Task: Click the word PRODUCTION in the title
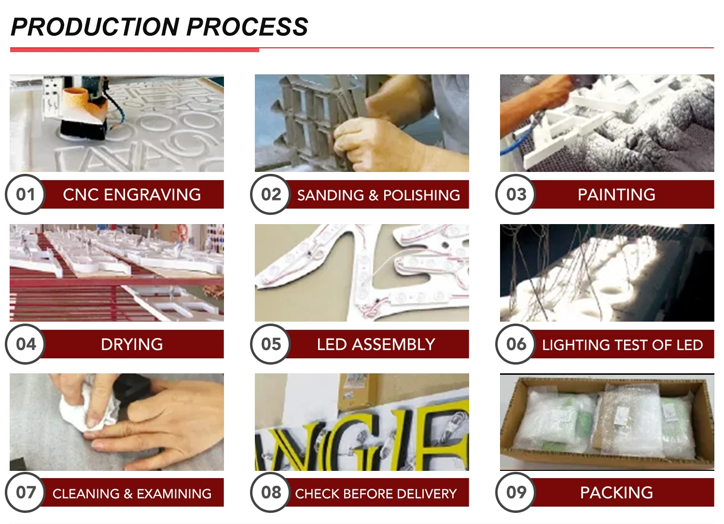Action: tap(95, 27)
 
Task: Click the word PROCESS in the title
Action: tap(247, 27)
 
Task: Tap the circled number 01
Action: tap(25, 195)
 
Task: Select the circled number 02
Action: tap(270, 195)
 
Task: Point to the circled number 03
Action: tap(515, 195)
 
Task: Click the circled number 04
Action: tap(25, 344)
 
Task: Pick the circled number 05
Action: tap(270, 344)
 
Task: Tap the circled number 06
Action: tap(515, 344)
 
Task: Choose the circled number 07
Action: tap(25, 492)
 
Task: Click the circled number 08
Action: tap(270, 492)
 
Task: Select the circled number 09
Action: tap(515, 492)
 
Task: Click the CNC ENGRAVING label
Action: tap(132, 195)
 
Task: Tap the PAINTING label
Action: tap(616, 195)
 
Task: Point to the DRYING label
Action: tap(132, 344)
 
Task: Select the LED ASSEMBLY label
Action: tap(376, 344)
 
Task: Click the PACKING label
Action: tap(616, 493)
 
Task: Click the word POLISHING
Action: tap(421, 196)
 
